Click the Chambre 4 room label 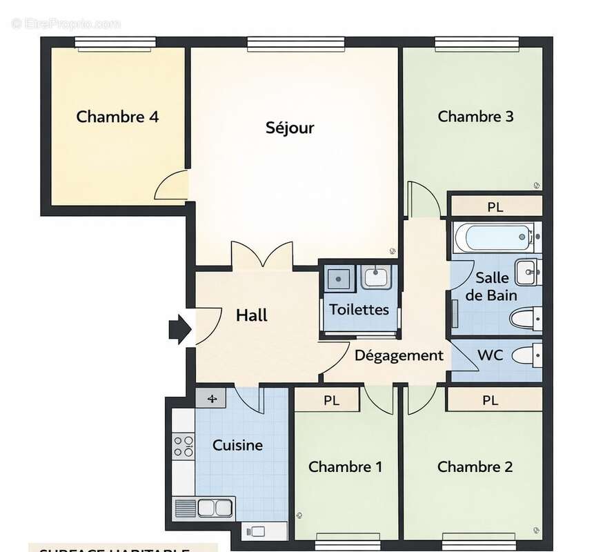tap(117, 117)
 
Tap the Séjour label tap(290, 128)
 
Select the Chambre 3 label tap(475, 117)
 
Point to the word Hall tap(252, 316)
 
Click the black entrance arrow tap(179, 329)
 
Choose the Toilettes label tap(359, 310)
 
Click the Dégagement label tap(399, 356)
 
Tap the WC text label tap(490, 356)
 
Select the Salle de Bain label tap(491, 286)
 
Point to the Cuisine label tap(237, 445)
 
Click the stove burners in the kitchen tap(184, 446)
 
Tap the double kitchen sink tap(215, 508)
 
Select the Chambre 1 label tap(345, 467)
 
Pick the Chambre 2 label tap(475, 467)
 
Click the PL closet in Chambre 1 tap(332, 400)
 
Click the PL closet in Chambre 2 tap(491, 400)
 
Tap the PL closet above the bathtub tap(495, 206)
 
